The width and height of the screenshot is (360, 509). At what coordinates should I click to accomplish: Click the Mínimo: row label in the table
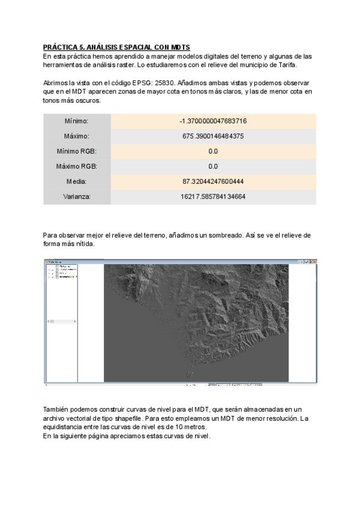(x=77, y=121)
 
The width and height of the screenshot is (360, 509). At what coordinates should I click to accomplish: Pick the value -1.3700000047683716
(x=213, y=121)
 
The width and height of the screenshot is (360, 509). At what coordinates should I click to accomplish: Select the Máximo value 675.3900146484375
(x=213, y=136)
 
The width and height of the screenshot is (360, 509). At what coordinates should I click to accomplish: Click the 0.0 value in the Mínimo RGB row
(x=213, y=151)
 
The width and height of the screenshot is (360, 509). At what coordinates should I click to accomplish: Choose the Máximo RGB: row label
(x=77, y=166)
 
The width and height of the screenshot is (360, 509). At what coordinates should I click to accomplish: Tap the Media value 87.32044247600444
(x=213, y=181)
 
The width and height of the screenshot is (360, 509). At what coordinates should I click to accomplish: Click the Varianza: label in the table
(x=77, y=196)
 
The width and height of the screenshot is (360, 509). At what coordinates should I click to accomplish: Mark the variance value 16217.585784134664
(x=213, y=196)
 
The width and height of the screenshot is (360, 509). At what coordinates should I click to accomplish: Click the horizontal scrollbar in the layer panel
(x=60, y=321)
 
